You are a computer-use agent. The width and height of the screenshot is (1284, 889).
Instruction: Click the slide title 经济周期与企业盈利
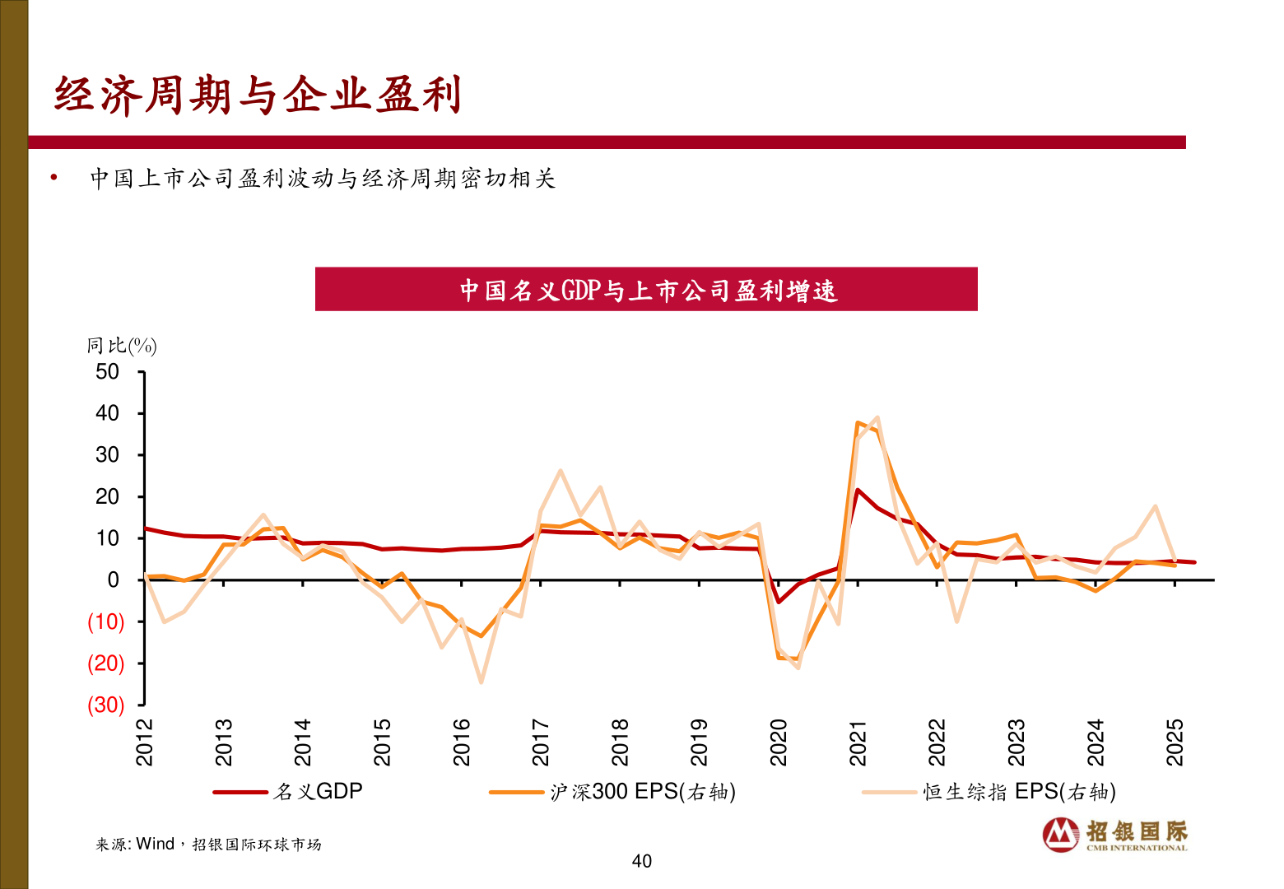click(x=257, y=95)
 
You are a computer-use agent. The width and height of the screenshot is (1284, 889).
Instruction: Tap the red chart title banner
click(x=646, y=290)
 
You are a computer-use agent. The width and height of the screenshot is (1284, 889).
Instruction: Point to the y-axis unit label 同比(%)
click(x=122, y=346)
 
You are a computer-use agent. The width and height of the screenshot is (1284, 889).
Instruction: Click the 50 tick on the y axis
click(x=107, y=372)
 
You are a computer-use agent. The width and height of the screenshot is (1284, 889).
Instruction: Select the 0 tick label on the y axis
click(x=113, y=580)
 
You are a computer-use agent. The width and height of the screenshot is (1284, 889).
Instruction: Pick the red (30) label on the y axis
click(x=106, y=705)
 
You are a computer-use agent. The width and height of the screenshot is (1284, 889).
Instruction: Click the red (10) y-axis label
click(x=106, y=622)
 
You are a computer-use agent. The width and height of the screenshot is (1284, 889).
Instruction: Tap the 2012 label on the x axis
click(x=145, y=742)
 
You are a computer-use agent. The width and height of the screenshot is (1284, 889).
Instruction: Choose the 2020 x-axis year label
click(x=779, y=742)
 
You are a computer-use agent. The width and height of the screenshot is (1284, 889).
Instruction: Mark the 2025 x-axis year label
click(x=1175, y=742)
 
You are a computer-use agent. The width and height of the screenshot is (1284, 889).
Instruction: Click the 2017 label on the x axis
click(x=541, y=742)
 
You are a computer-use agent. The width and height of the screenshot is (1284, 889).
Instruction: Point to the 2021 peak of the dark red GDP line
click(x=858, y=490)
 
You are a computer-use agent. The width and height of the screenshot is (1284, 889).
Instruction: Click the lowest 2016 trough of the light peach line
click(x=481, y=682)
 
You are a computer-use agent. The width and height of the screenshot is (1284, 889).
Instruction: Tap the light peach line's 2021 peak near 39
click(x=877, y=417)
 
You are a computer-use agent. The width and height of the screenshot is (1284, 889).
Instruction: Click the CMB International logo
click(x=1115, y=835)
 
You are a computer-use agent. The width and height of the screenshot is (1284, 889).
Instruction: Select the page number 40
click(x=642, y=861)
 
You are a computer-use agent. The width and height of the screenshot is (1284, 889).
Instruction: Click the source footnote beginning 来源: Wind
click(x=208, y=845)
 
